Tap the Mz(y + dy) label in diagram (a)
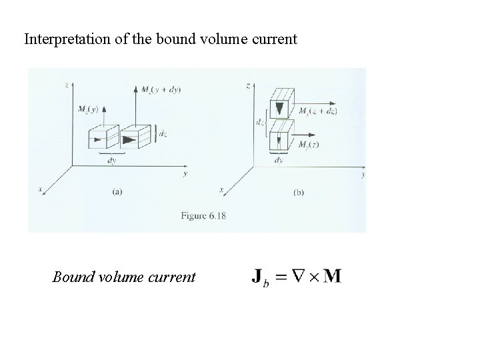coord(161,89)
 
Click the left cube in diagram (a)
coord(103,137)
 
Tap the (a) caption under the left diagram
coord(117,192)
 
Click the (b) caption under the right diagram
coord(300,192)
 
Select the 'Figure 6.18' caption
coord(203,216)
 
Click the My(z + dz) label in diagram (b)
coord(318,111)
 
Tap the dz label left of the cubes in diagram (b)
coord(259,123)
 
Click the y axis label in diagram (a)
coord(185,174)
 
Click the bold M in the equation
coord(331,276)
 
